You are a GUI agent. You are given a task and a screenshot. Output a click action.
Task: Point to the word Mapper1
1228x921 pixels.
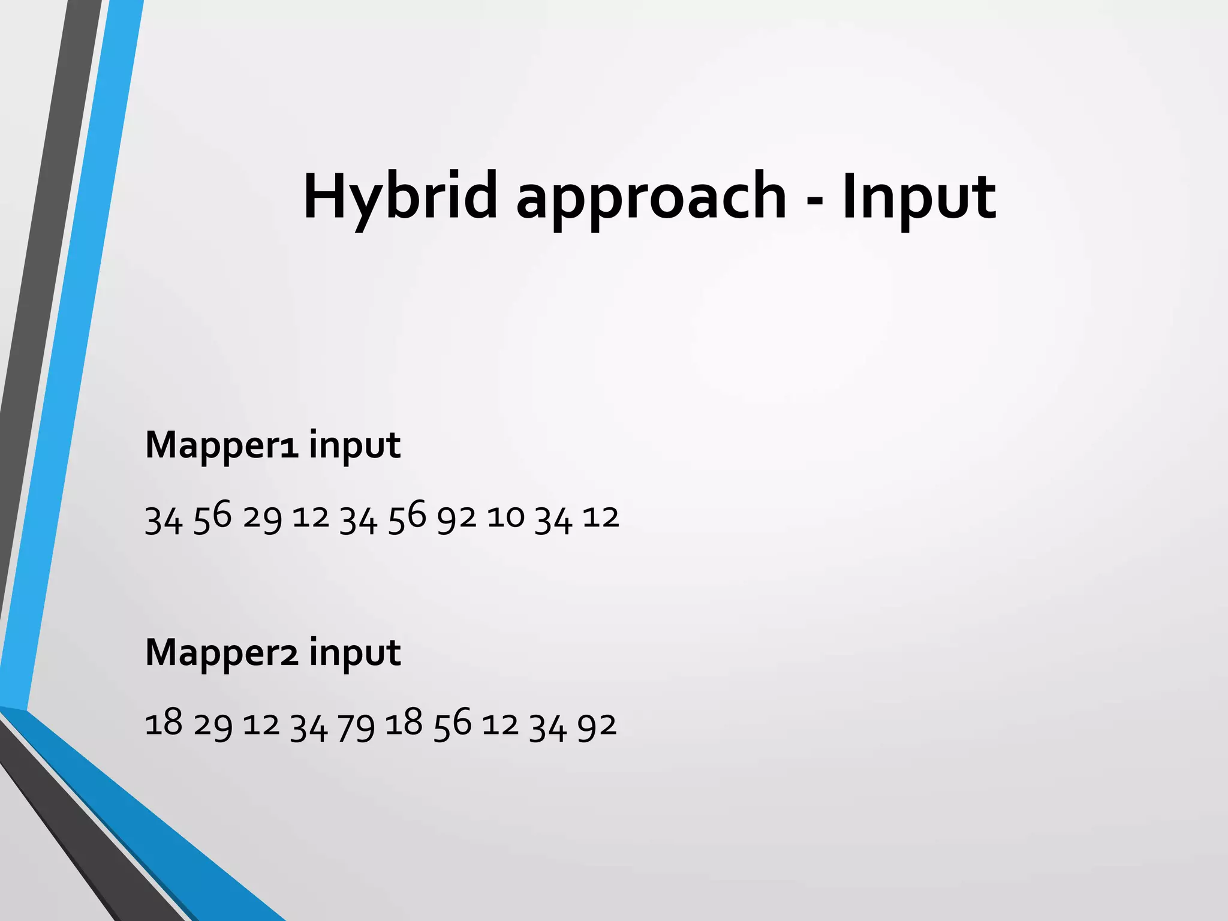(x=222, y=446)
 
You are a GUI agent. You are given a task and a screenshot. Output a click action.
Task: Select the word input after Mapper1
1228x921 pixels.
(x=355, y=446)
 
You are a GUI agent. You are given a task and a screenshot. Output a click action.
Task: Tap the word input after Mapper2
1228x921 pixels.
(x=355, y=654)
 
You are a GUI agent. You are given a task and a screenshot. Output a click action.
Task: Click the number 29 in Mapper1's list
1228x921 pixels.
(x=262, y=517)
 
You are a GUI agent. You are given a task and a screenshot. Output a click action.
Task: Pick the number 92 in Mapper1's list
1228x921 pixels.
(x=456, y=517)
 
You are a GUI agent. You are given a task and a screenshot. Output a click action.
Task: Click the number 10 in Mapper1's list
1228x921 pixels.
(x=505, y=517)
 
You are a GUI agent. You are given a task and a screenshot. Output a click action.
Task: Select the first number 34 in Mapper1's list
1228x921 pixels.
(x=163, y=519)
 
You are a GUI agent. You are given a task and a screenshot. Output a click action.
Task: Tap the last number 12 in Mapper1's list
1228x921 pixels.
(x=600, y=517)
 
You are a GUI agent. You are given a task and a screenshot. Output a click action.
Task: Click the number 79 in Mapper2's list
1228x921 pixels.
(x=356, y=726)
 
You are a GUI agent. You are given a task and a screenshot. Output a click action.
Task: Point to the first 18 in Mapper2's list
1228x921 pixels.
(x=163, y=723)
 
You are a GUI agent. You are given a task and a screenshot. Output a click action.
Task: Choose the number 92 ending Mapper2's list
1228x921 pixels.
(x=597, y=725)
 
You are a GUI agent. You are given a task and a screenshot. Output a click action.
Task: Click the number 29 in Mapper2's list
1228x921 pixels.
(x=212, y=726)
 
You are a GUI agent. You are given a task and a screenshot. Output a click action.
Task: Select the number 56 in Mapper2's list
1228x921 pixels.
(x=452, y=724)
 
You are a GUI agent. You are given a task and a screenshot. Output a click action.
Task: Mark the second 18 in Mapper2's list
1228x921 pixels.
(x=404, y=723)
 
